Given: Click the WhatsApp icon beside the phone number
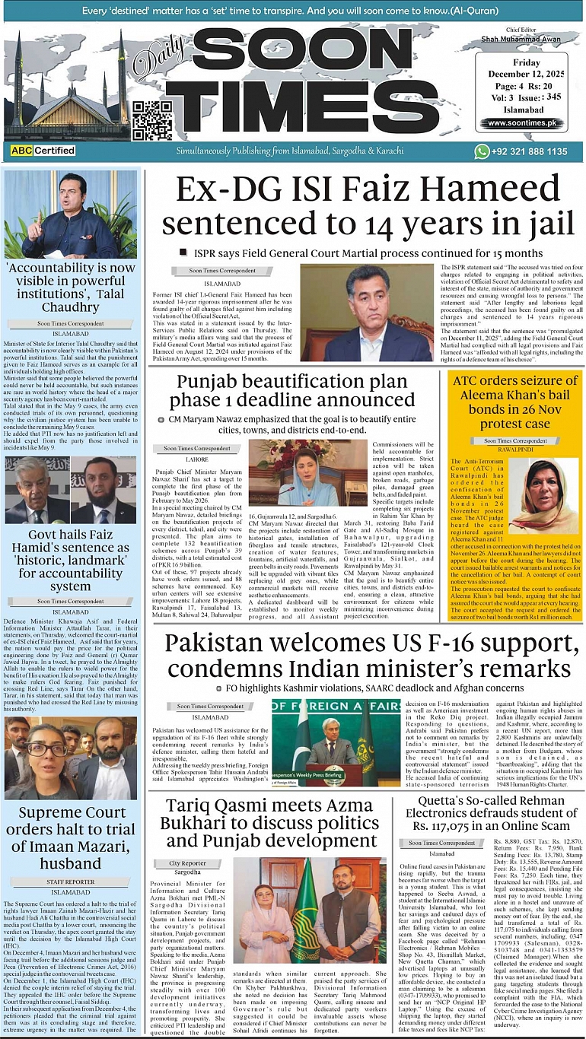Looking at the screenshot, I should click(482, 151).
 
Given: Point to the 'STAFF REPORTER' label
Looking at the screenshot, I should click(70, 882).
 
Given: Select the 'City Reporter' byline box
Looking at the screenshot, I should click(186, 863).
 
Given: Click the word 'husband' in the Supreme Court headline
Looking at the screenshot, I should click(70, 863).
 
